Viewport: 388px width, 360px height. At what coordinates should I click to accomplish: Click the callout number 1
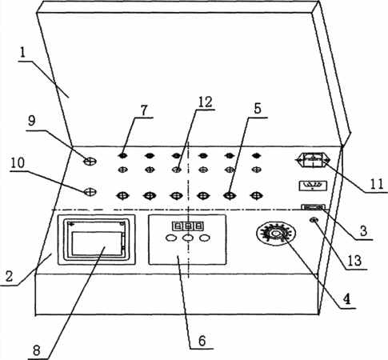tap(22, 53)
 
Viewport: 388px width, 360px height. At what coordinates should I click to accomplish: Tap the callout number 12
tap(205, 102)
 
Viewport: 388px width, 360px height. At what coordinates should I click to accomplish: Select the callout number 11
tap(377, 184)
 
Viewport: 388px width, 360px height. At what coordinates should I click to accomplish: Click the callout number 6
tap(202, 341)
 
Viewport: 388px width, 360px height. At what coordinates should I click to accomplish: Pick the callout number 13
tap(354, 261)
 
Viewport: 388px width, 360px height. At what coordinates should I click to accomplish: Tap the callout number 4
tap(346, 299)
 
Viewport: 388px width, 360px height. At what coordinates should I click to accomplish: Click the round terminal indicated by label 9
tap(90, 161)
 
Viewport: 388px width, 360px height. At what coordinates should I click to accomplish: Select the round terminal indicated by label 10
tap(90, 192)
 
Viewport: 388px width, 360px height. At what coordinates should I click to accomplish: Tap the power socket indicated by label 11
tap(313, 160)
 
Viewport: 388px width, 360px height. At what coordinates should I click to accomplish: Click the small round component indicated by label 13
tap(314, 220)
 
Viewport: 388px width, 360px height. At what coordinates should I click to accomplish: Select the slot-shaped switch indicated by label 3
tap(313, 207)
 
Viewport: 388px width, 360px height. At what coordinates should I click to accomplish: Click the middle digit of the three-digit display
tap(188, 226)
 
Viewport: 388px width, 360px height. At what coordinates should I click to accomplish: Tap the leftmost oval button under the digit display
tap(171, 238)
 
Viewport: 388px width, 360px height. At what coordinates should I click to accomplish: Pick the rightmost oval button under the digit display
tap(205, 238)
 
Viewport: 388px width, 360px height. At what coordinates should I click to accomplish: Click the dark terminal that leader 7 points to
tap(122, 155)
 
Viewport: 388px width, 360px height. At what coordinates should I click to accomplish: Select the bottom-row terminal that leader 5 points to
tap(230, 196)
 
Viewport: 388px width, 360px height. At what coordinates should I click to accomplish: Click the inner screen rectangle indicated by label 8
tap(97, 243)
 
